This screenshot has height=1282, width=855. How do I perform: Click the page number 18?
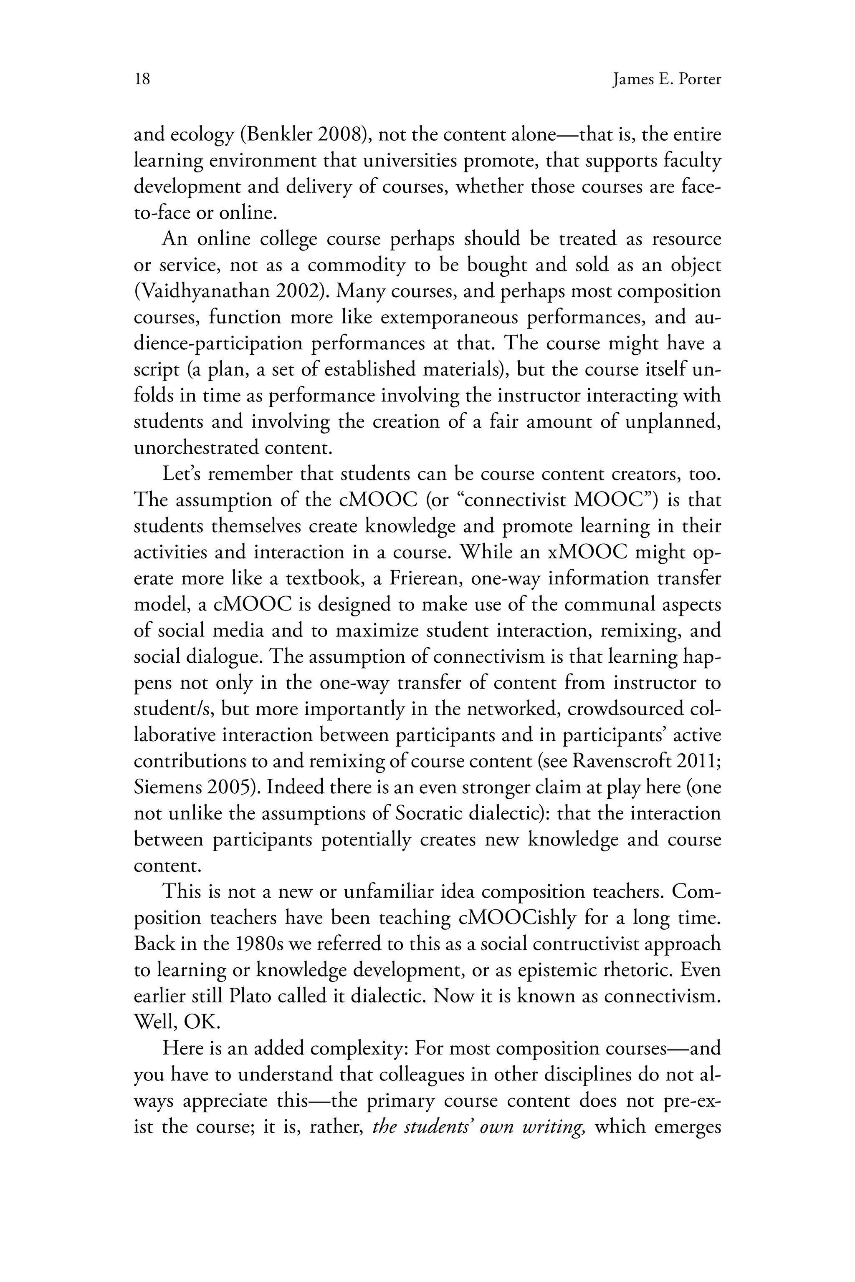(x=142, y=80)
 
